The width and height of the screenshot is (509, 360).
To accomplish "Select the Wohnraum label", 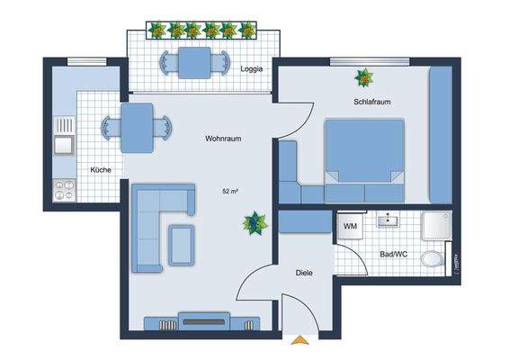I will click(x=224, y=139).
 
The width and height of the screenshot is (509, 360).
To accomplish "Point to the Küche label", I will click(x=100, y=170).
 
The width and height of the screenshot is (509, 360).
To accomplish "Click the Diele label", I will click(x=304, y=272).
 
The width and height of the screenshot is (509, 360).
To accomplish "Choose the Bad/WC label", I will click(x=394, y=256).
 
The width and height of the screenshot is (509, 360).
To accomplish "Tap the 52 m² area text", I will click(x=229, y=192).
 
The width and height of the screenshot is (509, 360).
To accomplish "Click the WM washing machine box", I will click(x=350, y=227).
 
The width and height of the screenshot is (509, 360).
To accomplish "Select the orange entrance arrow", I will click(x=298, y=340).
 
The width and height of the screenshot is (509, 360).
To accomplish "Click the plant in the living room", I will click(x=256, y=221).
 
